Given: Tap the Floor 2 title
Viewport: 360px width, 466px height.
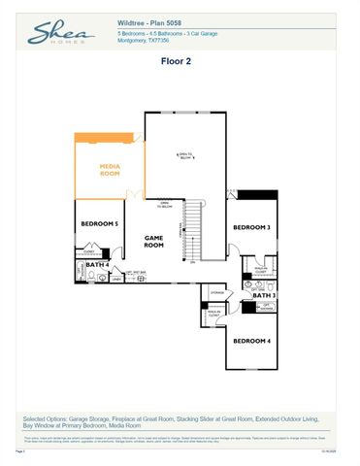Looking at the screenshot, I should [x=179, y=60].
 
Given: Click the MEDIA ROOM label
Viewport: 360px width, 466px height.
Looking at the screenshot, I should [x=110, y=171].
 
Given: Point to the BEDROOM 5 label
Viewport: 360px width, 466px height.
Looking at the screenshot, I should [x=99, y=224].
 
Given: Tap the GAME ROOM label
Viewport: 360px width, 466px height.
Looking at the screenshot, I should [x=153, y=241].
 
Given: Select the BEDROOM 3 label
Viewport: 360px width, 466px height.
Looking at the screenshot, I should [x=251, y=227].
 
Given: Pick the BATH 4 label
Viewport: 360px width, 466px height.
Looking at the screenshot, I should [x=96, y=264].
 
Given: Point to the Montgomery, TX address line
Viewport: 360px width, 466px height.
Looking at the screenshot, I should [x=147, y=41].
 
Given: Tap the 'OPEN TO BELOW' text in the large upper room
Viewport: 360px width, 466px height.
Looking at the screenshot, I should [x=185, y=155].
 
